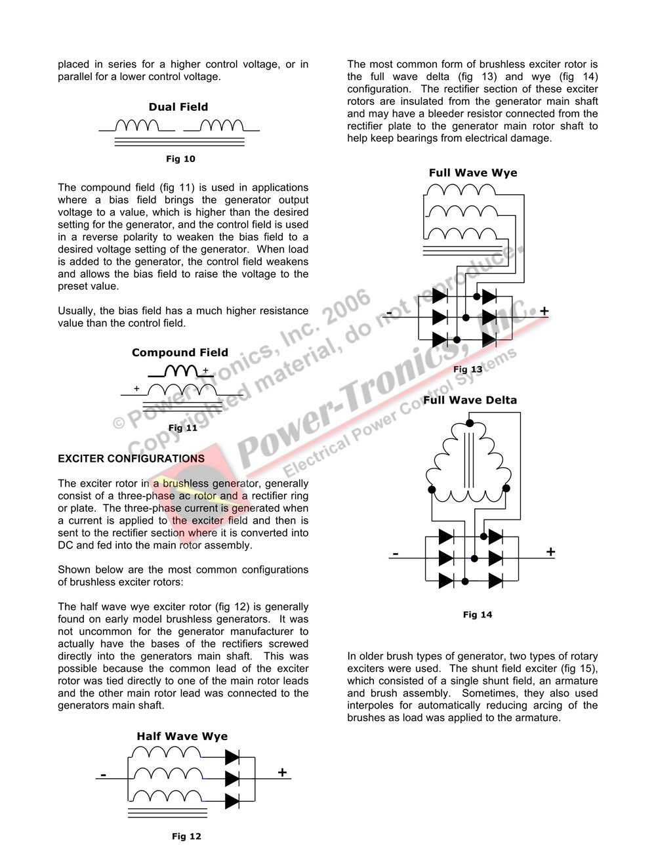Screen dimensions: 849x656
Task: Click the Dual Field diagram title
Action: [178, 107]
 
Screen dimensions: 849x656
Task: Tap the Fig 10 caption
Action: [180, 159]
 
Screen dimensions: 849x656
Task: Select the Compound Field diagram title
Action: [180, 352]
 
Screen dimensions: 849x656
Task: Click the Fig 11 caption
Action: [182, 428]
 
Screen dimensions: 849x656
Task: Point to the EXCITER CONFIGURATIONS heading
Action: [131, 459]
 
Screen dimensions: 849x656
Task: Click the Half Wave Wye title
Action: [182, 736]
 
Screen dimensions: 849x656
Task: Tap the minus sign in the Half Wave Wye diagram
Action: [103, 776]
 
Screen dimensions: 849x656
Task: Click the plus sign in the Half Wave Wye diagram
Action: [282, 772]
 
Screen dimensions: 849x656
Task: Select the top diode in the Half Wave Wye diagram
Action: [232, 757]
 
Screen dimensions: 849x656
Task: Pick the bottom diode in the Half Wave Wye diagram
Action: [232, 801]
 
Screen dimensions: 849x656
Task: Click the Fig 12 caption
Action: [186, 836]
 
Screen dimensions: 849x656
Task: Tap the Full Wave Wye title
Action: [473, 173]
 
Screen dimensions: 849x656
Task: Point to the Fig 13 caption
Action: [468, 369]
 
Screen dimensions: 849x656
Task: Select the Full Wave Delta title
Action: [470, 400]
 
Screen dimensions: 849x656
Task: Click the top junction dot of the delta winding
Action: [469, 423]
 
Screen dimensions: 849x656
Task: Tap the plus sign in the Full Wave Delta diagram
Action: [550, 552]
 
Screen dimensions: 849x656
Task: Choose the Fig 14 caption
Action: [477, 615]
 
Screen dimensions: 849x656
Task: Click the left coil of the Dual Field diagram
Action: [136, 125]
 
